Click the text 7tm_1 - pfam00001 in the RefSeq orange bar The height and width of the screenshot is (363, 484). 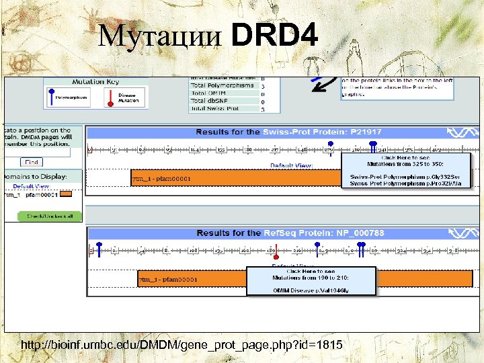coord(168,279)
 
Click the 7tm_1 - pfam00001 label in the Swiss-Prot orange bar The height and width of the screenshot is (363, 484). coord(161,178)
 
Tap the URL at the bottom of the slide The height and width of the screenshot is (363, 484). coord(182,345)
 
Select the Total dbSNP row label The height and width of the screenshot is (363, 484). coord(214,101)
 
